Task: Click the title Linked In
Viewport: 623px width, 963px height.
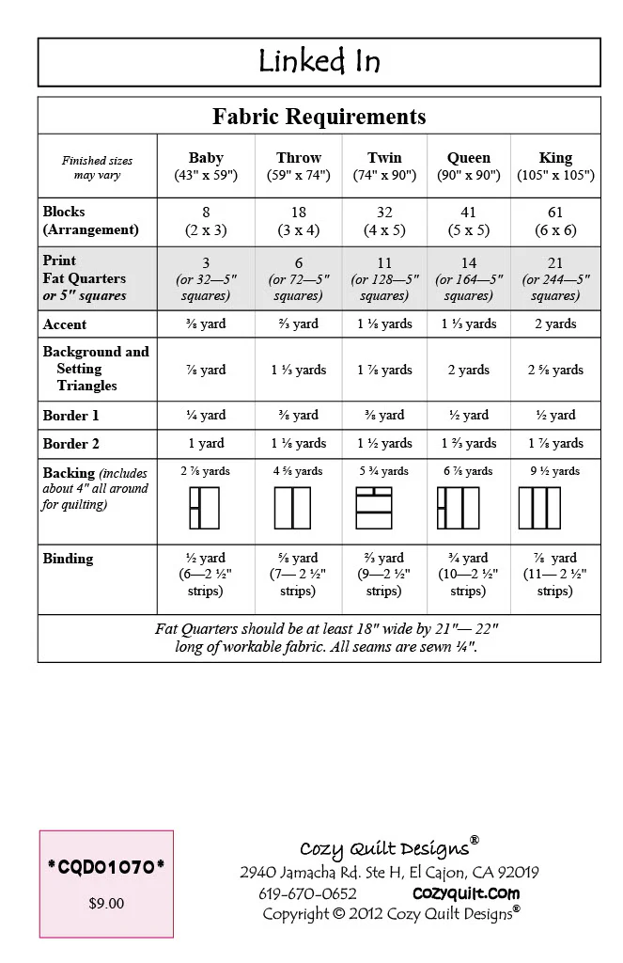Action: click(x=319, y=62)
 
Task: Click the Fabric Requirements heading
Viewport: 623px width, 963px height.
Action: click(x=319, y=117)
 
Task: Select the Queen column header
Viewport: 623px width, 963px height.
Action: click(x=469, y=166)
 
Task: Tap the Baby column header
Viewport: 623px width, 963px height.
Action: click(x=206, y=166)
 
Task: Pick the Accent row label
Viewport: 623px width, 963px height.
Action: click(x=65, y=324)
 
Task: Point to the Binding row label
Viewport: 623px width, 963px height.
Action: click(x=68, y=559)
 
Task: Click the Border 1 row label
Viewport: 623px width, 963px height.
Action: click(x=70, y=416)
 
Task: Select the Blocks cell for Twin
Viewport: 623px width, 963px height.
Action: click(x=384, y=221)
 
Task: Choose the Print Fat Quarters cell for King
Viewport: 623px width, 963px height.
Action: click(x=555, y=279)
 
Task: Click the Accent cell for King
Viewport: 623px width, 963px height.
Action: click(x=555, y=324)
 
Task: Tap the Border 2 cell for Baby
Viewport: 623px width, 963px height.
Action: click(x=206, y=443)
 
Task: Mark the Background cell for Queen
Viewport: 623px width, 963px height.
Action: click(x=469, y=370)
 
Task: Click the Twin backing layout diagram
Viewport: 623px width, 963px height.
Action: click(x=374, y=508)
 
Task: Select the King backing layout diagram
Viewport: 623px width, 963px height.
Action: click(x=539, y=508)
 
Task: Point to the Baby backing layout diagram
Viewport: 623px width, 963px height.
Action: click(x=204, y=508)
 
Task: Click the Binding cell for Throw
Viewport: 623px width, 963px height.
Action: click(x=298, y=575)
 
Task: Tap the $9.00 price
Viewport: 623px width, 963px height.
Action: click(x=106, y=904)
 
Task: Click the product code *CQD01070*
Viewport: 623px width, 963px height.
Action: click(x=106, y=867)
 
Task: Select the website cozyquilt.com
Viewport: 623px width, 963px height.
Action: click(x=466, y=893)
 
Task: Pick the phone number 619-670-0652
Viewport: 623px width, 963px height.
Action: click(x=307, y=893)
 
